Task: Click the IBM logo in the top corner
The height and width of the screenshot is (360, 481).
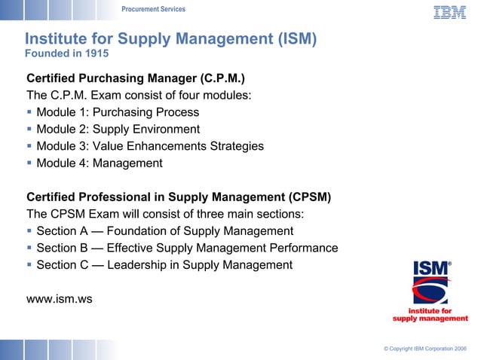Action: (449, 12)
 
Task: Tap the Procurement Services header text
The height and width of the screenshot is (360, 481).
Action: (153, 9)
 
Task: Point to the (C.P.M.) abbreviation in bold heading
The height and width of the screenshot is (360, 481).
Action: (218, 78)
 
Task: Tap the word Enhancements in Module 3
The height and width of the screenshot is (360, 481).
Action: (164, 146)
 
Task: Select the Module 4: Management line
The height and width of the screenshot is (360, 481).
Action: (99, 163)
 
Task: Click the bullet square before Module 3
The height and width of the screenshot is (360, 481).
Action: (29, 146)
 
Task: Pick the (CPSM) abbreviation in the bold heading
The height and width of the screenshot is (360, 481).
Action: (307, 197)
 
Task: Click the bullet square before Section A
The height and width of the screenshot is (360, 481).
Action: (29, 231)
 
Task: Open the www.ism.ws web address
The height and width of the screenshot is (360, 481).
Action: (60, 299)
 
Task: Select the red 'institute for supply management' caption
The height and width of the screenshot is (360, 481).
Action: (430, 314)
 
